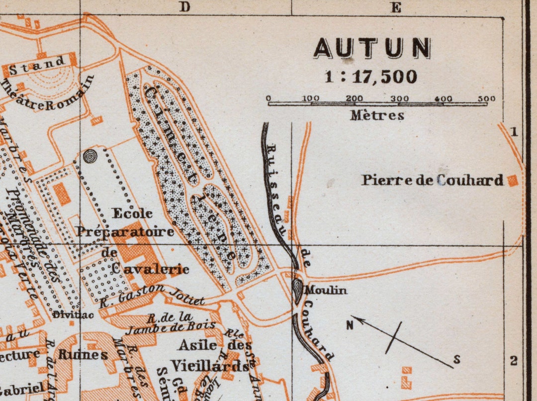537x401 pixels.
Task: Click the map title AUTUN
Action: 372,48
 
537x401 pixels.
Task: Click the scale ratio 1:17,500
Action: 371,77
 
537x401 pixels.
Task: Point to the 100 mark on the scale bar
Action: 311,99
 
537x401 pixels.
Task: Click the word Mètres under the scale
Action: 377,115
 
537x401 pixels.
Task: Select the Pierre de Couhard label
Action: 432,180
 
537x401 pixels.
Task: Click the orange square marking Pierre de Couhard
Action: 513,181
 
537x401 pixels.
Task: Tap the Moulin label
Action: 326,290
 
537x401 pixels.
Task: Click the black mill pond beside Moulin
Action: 297,290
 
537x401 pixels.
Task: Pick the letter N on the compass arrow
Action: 350,325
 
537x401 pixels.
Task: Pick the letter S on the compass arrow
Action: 456,360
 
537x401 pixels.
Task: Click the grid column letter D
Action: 185,7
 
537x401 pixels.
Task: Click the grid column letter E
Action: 396,7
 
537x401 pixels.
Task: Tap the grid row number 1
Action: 514,132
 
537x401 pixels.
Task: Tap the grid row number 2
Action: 514,361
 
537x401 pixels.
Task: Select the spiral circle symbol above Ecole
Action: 90,156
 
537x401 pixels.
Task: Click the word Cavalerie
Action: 150,269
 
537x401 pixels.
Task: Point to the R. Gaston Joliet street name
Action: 152,295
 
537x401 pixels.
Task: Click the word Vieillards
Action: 210,366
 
